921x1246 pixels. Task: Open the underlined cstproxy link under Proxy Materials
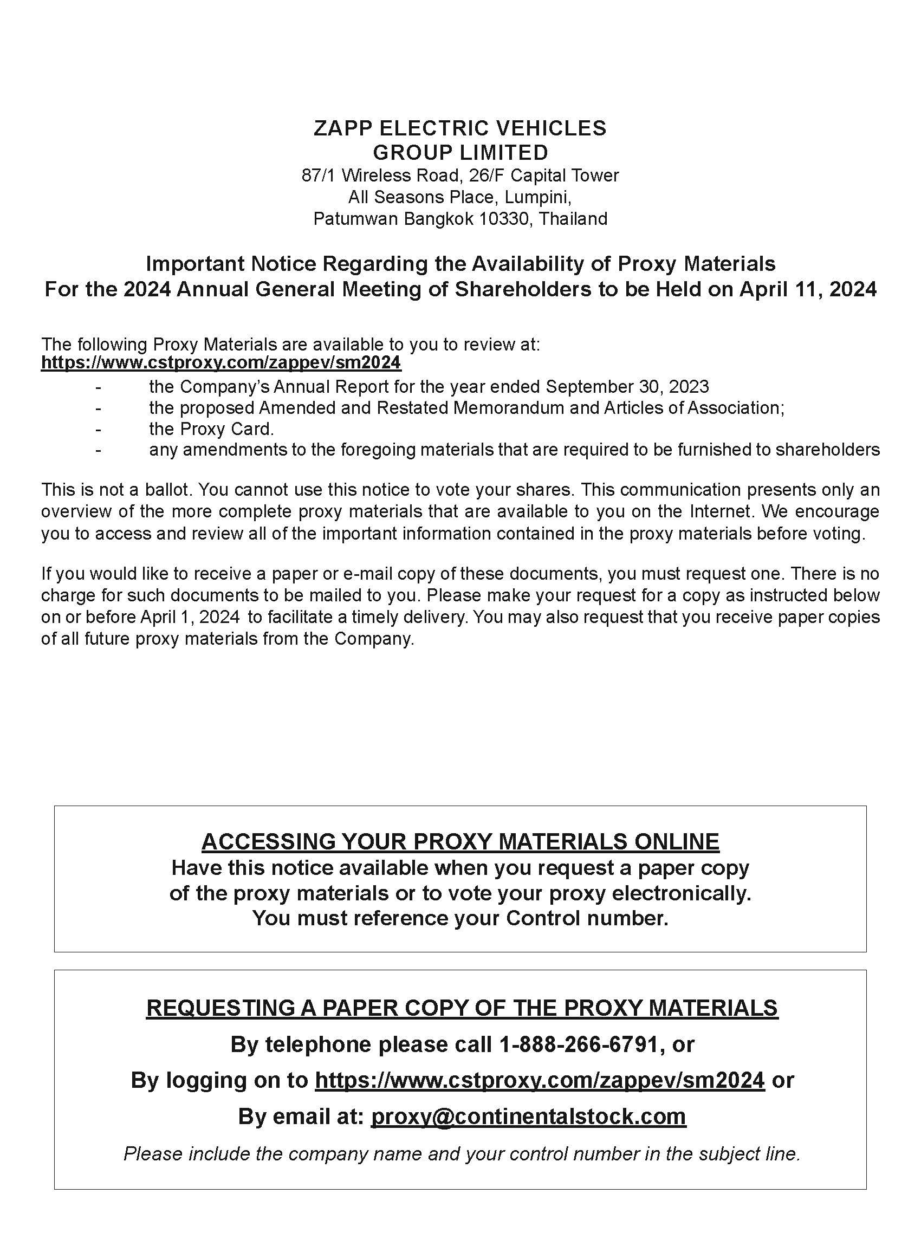221,363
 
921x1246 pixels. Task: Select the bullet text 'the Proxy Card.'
211,429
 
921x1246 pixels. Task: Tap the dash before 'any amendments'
99,450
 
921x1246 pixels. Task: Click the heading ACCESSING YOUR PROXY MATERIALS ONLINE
460,841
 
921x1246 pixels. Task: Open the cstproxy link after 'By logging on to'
540,1080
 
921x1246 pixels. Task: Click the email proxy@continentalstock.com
528,1117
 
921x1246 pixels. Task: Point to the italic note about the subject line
462,1153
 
